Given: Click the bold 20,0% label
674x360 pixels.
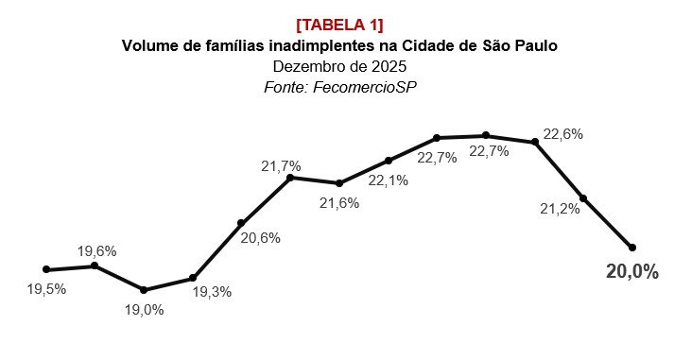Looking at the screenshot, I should point(631,272).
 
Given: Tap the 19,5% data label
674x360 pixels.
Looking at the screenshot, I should point(45,290).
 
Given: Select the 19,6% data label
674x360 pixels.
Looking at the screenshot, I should point(96,251).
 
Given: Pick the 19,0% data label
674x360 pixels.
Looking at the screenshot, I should point(144,309).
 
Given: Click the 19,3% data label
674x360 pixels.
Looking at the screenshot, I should point(212,293).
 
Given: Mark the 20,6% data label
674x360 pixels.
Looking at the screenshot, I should point(260,238).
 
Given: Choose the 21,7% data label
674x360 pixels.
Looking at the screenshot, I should point(281,166).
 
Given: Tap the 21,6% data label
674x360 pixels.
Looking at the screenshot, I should point(338,202).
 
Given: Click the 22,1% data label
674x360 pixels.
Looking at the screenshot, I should point(388,180).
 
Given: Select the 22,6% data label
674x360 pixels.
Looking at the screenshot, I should point(562,134).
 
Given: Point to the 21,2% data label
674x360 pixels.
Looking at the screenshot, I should point(560,208).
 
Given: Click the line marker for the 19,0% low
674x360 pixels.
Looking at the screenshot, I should point(144,290).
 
